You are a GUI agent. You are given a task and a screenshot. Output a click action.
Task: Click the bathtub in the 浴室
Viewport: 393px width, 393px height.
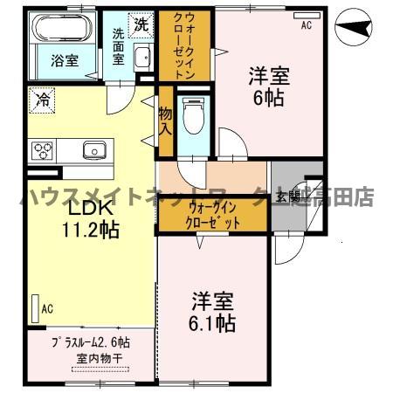[x=59, y=31]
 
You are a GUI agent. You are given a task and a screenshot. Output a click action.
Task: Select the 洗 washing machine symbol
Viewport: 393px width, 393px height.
[x=141, y=25]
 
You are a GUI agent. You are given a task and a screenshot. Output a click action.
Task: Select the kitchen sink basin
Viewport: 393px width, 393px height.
[x=93, y=150]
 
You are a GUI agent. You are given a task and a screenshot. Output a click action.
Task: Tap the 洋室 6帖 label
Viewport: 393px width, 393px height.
[x=267, y=86]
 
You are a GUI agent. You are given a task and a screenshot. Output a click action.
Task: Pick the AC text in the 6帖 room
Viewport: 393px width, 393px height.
[x=307, y=26]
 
